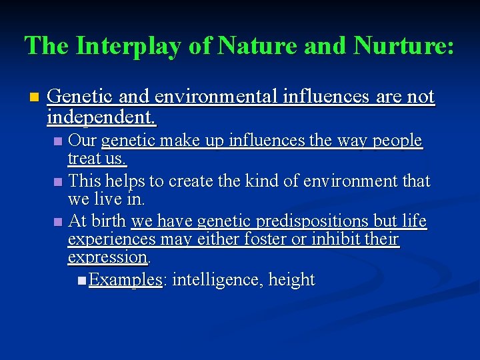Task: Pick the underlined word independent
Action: click(100, 118)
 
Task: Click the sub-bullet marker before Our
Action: click(59, 141)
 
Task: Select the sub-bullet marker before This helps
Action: click(59, 181)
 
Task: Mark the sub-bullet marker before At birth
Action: click(59, 221)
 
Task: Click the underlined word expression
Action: click(107, 257)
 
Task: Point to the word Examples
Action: click(125, 279)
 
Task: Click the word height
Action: click(291, 279)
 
